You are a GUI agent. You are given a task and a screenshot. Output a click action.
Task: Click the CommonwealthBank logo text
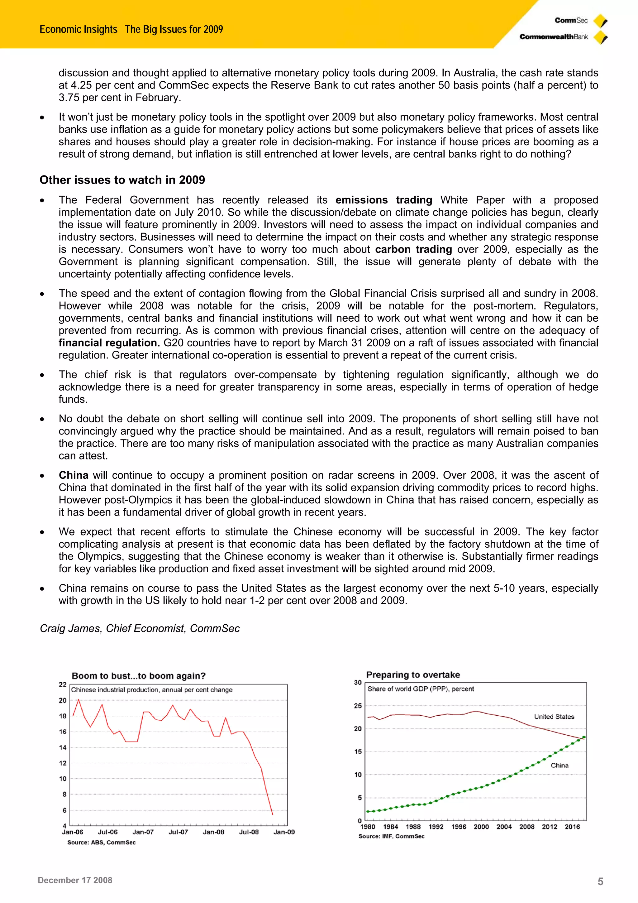(554, 37)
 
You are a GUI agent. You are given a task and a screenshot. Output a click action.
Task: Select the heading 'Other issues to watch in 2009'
(122, 180)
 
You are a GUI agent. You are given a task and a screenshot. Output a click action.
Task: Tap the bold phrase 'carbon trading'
(413, 249)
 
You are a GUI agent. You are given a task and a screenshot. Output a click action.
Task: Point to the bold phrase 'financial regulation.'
(109, 343)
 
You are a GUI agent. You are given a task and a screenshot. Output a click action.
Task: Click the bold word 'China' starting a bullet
(74, 475)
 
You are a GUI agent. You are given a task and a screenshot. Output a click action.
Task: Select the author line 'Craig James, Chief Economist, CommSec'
(140, 628)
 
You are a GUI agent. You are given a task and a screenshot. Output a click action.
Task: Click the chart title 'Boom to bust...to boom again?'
(138, 676)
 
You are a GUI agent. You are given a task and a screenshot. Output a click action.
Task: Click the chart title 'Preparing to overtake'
(413, 675)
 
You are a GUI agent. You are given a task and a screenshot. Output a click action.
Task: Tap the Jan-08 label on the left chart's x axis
(213, 832)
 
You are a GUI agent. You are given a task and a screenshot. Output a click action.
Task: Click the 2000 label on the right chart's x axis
(481, 827)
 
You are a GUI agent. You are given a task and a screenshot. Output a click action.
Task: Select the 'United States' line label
(554, 717)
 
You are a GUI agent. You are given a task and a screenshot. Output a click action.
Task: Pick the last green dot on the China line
(584, 737)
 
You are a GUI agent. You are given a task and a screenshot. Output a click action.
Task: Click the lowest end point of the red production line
(272, 814)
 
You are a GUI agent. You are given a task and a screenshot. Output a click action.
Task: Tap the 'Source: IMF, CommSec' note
(391, 836)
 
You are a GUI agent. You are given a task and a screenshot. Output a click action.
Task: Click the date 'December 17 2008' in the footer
(75, 880)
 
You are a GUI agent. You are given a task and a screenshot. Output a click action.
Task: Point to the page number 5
(600, 881)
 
